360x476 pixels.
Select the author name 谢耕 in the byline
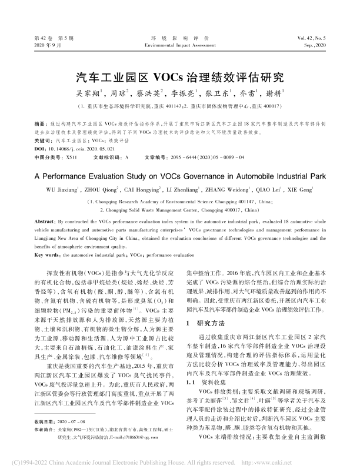coord(274,93)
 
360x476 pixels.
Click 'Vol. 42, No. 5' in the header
coord(308,37)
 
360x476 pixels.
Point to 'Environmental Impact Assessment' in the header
coord(180,45)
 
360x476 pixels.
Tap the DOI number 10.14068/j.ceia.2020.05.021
coord(75,150)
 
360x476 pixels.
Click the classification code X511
coord(72,158)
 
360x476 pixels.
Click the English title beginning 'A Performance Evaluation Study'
coord(179,175)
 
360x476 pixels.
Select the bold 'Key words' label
coord(48,256)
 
